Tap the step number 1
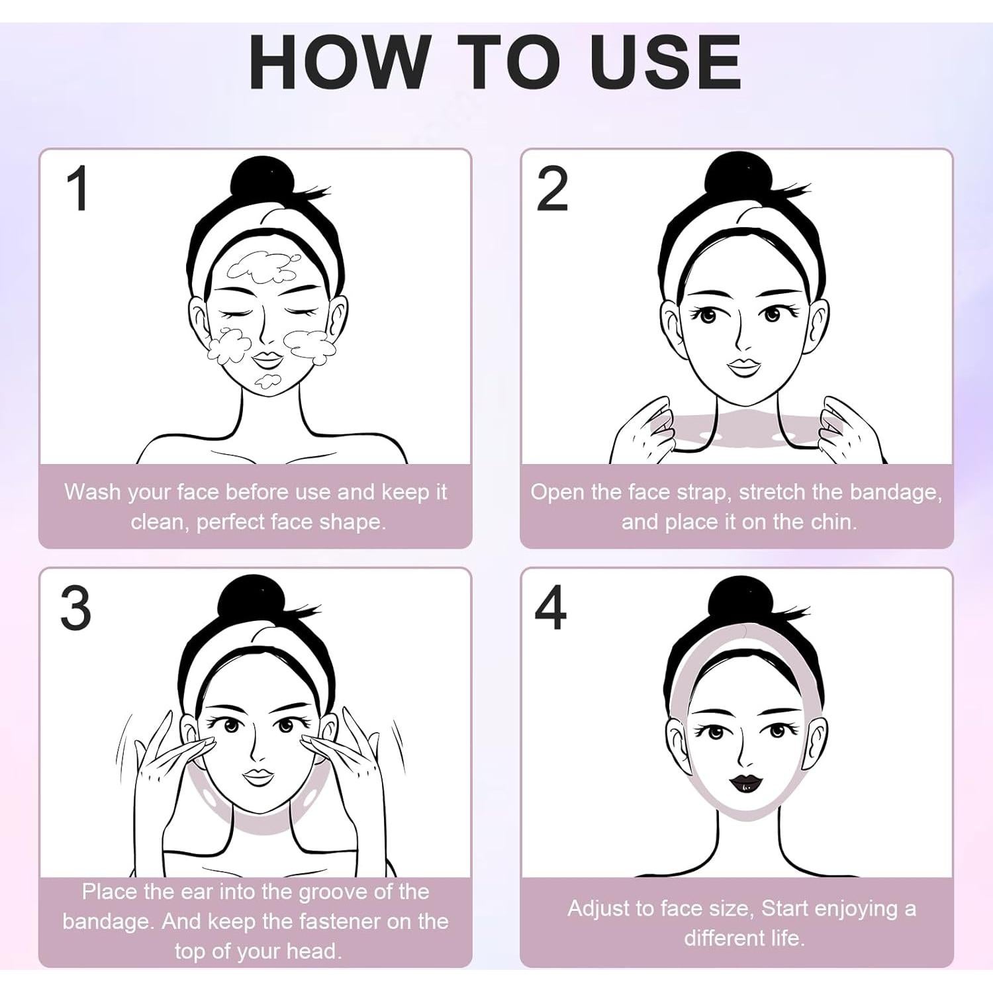coord(79,189)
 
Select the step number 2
coord(551,189)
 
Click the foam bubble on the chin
coord(267,380)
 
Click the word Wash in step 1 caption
coord(93,492)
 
